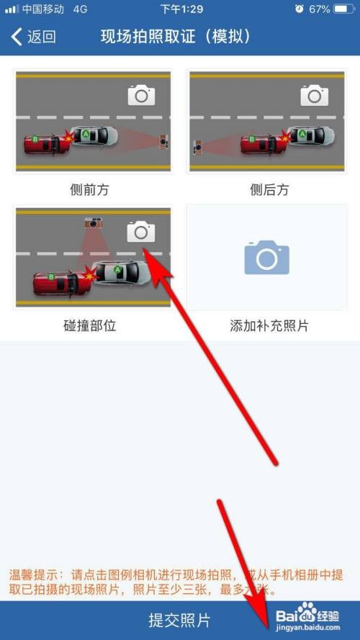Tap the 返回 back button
coord(33,37)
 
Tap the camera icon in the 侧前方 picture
coord(141,95)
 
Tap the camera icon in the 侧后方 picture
coord(314,95)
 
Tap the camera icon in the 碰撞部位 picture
coord(141,231)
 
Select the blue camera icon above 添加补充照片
coord(266,257)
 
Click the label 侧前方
coord(92,189)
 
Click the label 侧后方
coord(269,189)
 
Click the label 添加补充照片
coord(269,325)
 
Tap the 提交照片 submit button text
coord(179,620)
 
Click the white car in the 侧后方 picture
coord(312,135)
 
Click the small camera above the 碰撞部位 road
coord(92,222)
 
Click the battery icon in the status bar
coord(344,9)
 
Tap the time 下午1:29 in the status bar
coord(181,9)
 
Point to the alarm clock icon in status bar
coord(299,9)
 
